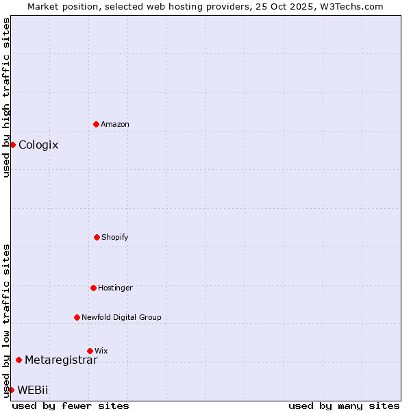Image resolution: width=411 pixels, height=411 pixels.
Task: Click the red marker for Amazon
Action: pos(96,124)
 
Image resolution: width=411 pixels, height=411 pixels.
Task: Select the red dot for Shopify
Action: pos(97,237)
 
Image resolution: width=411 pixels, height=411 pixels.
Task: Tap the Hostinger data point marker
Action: pos(93,288)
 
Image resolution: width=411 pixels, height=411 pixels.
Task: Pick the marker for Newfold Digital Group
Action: pos(77,317)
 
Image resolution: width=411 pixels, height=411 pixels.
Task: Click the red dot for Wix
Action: pos(90,351)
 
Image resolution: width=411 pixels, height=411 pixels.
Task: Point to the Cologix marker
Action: pos(12,145)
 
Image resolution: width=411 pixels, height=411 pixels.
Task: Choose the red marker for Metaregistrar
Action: pos(18,360)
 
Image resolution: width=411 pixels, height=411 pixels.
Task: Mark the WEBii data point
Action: pos(11,390)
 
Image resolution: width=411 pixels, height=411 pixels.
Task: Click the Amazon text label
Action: pos(115,124)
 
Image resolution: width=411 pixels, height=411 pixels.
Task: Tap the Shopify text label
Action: pos(115,237)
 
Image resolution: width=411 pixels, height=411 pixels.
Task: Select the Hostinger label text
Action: pos(115,288)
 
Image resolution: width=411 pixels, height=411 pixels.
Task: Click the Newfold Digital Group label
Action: pos(121,317)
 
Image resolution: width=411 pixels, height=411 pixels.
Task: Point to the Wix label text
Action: pos(101,351)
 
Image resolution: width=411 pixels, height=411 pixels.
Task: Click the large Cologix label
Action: pos(38,145)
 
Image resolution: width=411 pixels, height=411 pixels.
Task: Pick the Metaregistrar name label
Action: pos(61,360)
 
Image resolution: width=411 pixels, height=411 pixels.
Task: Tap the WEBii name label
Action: pos(33,390)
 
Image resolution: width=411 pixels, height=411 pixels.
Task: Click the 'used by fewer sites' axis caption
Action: pos(71,406)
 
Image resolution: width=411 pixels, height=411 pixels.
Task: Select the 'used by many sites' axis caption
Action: pos(344,406)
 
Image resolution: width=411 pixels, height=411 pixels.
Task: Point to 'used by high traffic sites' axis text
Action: pos(6,97)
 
